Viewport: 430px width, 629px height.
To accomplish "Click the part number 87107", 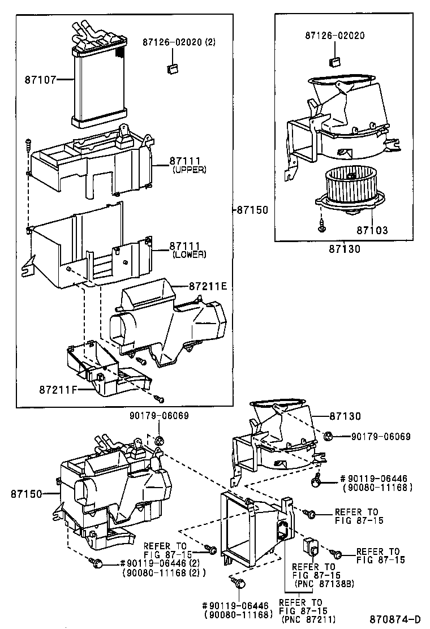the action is (41, 79).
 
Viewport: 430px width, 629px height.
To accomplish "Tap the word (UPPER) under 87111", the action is (190, 170).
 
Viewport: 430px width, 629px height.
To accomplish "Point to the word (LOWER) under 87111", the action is (190, 255).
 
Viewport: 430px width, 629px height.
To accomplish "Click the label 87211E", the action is (208, 286).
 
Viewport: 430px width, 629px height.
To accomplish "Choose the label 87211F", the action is (58, 389).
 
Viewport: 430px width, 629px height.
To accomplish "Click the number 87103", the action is (372, 230).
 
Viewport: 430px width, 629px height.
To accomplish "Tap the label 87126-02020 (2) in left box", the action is (179, 42).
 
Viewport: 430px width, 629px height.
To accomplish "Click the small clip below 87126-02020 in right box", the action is (334, 62).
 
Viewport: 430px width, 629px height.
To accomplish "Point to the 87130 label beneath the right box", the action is (345, 249).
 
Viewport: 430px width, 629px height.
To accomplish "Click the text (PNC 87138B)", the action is (324, 584).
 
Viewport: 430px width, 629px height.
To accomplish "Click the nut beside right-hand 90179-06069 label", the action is (328, 436).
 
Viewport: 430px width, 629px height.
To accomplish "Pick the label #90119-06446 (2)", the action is (153, 563).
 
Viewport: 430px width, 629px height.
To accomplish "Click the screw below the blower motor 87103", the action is (321, 226).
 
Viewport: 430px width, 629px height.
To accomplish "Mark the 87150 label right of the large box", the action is (252, 210).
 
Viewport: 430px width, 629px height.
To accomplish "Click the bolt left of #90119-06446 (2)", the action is (96, 563).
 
